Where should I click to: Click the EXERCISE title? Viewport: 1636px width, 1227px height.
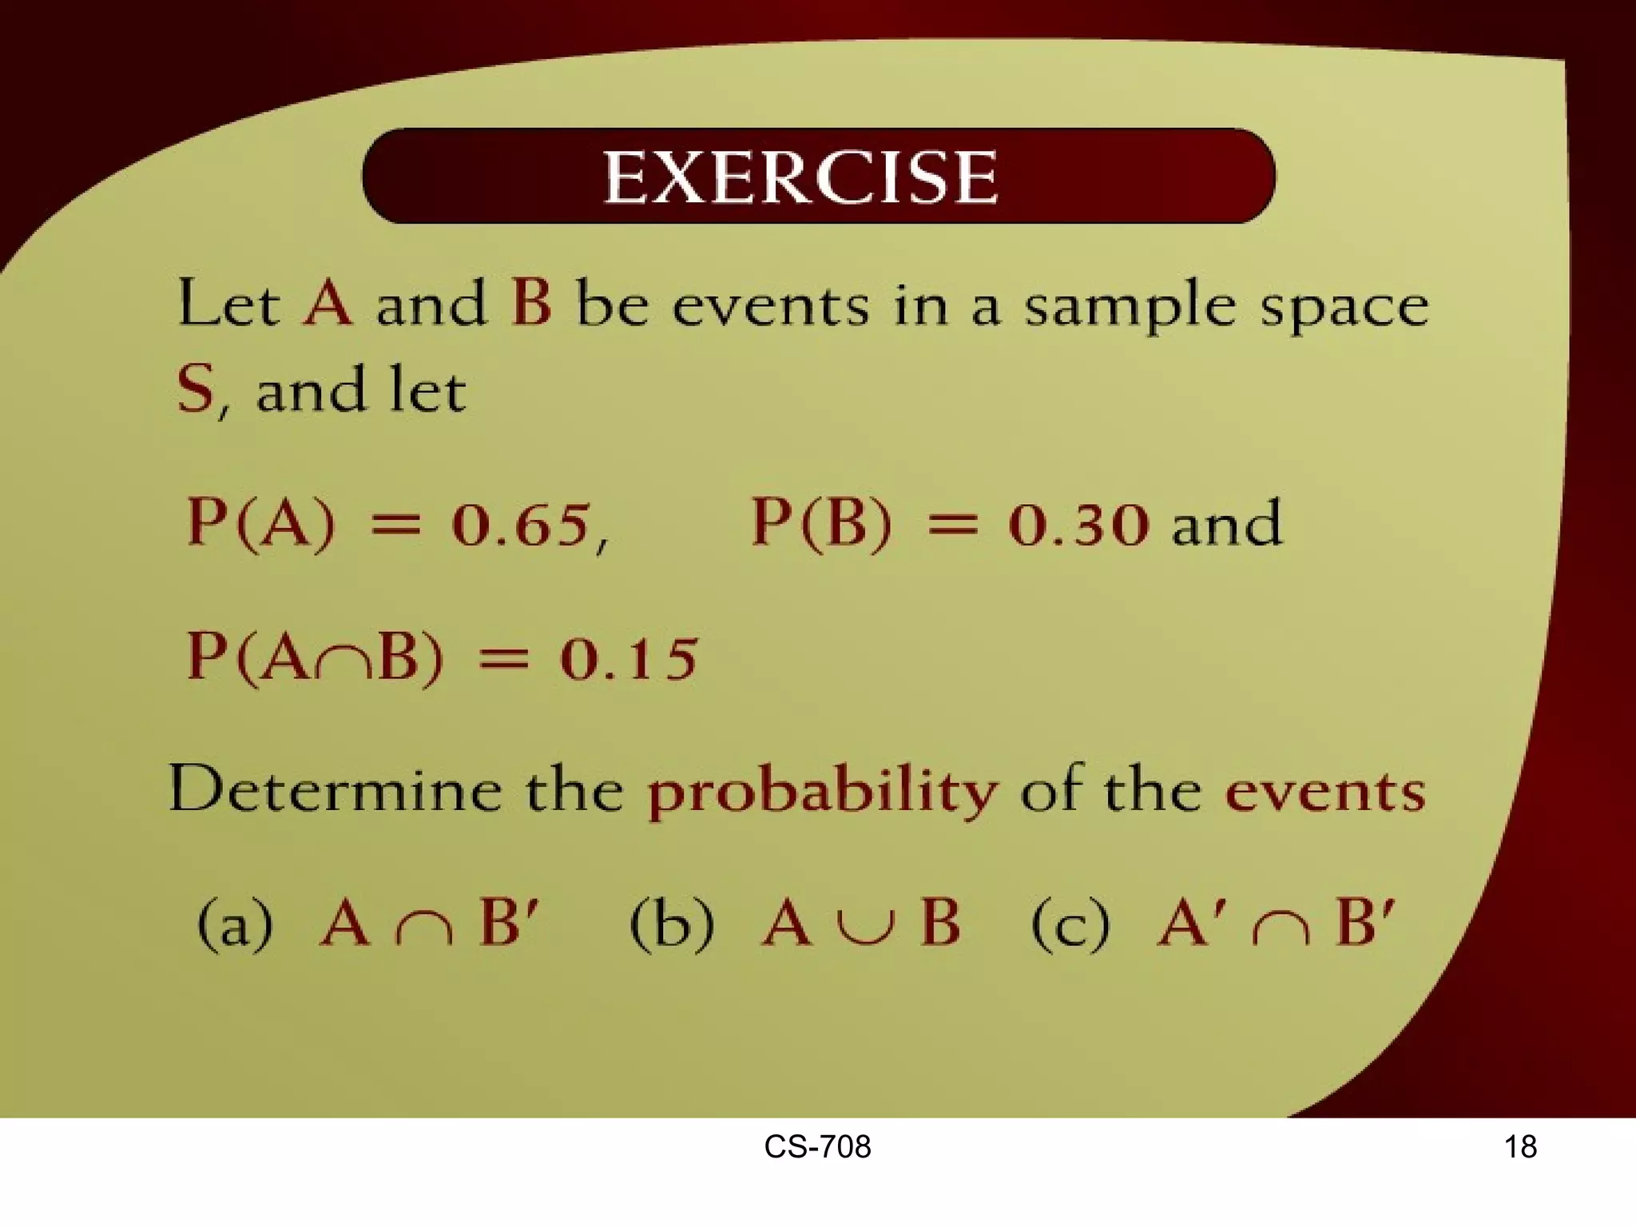point(800,177)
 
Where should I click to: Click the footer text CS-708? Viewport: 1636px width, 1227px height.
point(817,1147)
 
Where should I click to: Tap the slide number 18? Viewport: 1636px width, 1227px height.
point(1520,1147)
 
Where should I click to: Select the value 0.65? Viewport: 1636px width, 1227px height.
point(521,525)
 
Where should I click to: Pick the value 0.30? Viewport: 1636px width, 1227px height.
point(1078,525)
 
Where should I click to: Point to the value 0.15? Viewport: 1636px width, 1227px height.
point(629,659)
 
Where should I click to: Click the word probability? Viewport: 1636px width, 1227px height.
point(822,792)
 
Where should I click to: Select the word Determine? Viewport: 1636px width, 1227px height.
point(336,789)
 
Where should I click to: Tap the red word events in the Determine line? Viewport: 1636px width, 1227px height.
point(1325,792)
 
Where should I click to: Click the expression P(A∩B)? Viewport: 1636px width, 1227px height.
point(315,658)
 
